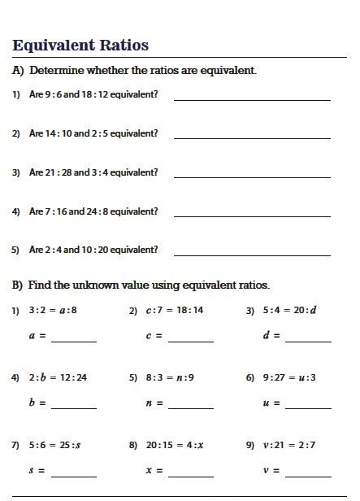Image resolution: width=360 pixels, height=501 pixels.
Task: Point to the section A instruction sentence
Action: pos(134,71)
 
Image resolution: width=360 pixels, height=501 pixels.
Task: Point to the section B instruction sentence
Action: pos(141,285)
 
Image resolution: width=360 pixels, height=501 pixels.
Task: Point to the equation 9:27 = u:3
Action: pos(290,377)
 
